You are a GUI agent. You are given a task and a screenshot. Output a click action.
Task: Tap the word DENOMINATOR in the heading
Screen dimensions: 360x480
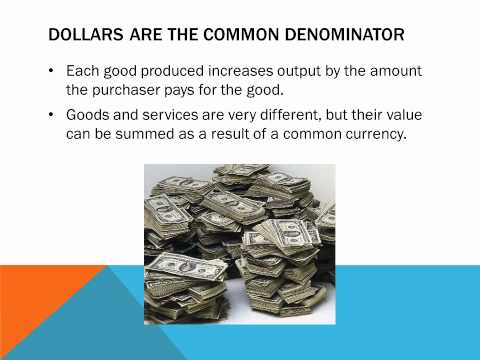pos(346,37)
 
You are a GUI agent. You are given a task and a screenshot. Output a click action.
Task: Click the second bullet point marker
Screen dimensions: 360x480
pos(51,114)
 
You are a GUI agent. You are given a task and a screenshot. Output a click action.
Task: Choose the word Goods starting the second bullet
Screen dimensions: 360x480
pos(88,114)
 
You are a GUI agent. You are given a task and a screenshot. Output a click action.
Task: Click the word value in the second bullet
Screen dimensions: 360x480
pos(394,114)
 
